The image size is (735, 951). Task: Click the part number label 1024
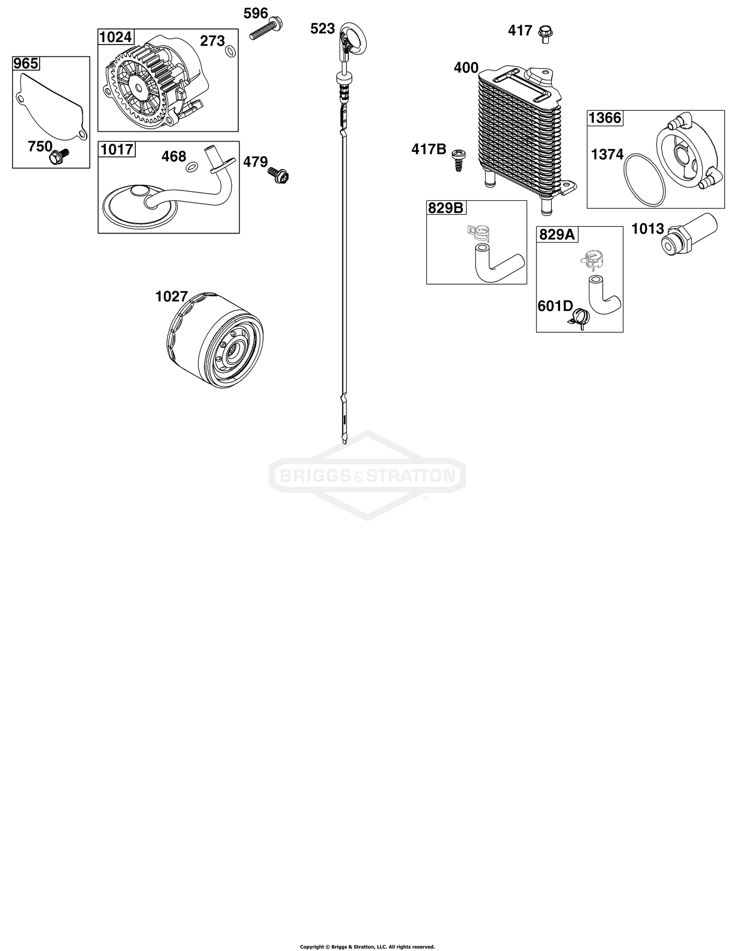pyautogui.click(x=116, y=37)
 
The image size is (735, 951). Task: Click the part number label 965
pyautogui.click(x=26, y=64)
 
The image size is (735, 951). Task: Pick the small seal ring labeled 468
pyautogui.click(x=192, y=167)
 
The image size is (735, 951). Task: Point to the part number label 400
pyautogui.click(x=466, y=68)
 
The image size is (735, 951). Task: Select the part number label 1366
pyautogui.click(x=605, y=118)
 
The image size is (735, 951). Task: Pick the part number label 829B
pyautogui.click(x=446, y=208)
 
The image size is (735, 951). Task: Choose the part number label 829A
pyautogui.click(x=557, y=235)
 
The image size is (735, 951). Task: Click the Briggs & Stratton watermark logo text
pyautogui.click(x=367, y=475)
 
